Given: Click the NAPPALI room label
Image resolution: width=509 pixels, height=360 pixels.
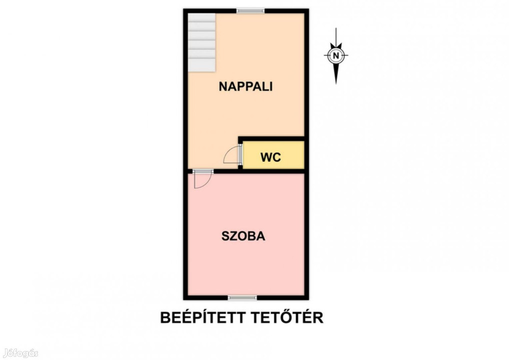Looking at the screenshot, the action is (x=246, y=86).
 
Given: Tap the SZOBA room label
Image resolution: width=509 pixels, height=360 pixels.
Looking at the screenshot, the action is (x=243, y=236).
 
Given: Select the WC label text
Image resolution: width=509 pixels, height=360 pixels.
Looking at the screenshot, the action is (x=270, y=157).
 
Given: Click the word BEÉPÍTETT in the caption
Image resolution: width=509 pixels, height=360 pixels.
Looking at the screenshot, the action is (x=203, y=317).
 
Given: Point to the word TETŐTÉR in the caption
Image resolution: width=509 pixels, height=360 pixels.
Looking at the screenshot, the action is (x=287, y=317).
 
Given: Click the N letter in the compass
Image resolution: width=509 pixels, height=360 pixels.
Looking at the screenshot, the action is (x=336, y=55).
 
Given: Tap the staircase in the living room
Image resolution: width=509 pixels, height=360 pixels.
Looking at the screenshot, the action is (x=202, y=42).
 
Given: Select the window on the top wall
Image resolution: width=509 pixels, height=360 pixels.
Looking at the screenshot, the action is (x=250, y=10).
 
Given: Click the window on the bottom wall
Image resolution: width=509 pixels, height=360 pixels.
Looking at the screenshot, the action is (x=242, y=297).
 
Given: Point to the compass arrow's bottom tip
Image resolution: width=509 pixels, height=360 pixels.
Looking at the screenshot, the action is (x=336, y=83).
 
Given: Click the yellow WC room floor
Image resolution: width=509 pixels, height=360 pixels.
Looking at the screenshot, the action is (x=273, y=155).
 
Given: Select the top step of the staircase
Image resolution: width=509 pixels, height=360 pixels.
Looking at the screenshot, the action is (x=202, y=18).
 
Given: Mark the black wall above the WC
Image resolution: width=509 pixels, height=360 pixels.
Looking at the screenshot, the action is (x=271, y=139).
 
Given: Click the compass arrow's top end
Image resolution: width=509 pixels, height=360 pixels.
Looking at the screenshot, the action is (x=336, y=28).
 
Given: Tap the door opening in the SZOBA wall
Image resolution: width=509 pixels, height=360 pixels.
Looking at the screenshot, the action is (x=203, y=171).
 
